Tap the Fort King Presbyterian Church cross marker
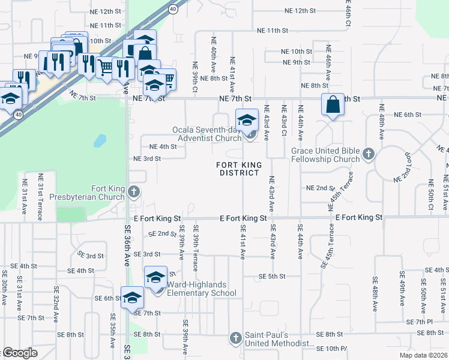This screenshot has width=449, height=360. coord(133,192)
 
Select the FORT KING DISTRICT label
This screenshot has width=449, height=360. coord(238,168)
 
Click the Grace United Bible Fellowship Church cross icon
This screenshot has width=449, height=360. coord(369,155)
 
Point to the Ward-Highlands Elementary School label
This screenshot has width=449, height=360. coord(201,289)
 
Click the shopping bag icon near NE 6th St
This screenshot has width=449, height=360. coord(333,106)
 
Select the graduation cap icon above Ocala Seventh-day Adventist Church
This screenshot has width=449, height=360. coord(247,120)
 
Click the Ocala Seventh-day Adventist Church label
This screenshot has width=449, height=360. coord(207,134)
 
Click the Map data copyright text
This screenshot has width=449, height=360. coord(423,355)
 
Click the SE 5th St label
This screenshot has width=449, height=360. coord(272,276)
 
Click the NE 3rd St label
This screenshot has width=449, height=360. coord(146,158)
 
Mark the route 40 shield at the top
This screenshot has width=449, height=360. coord(173,9)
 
